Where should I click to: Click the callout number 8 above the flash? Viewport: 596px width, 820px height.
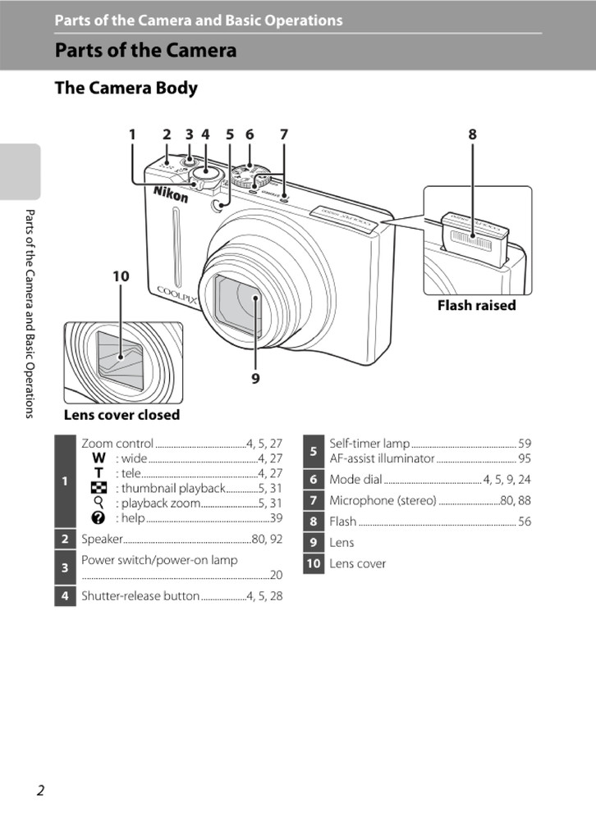pos(472,134)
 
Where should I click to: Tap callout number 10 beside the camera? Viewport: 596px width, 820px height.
pos(121,276)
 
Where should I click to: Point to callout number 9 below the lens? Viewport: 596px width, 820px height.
pos(255,378)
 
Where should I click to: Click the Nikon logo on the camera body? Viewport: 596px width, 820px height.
pos(171,194)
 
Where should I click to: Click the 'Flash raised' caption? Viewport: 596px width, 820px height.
pos(476,305)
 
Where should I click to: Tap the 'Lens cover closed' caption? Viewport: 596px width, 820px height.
pos(121,415)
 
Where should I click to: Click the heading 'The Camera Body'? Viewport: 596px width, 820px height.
pos(126,88)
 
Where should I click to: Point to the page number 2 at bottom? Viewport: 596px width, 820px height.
pos(40,790)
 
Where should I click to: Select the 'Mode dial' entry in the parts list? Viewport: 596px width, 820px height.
pos(355,479)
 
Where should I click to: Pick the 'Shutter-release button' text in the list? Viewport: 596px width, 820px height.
pos(140,596)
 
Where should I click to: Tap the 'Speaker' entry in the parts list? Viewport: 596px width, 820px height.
pos(102,539)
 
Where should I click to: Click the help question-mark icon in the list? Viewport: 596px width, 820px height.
pos(99,518)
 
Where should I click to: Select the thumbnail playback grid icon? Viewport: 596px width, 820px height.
pos(99,488)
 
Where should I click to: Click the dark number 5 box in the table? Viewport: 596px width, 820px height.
pos(313,451)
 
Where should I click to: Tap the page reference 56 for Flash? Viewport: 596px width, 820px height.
pos(524,522)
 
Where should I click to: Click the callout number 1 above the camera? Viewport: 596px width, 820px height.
pos(132,134)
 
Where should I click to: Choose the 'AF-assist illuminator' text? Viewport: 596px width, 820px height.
pos(382,458)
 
